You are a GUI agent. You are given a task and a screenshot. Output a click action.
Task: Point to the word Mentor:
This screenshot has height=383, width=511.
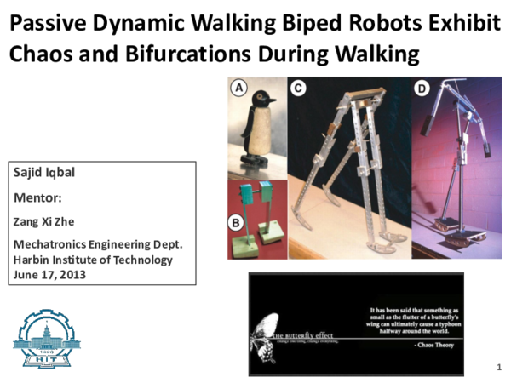coord(38,198)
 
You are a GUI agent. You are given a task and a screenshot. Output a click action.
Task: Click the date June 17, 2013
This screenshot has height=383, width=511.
coord(50,275)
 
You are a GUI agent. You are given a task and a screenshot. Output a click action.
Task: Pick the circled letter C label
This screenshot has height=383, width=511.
coord(298,86)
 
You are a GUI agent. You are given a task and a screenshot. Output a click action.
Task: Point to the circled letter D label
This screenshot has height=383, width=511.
coord(422,87)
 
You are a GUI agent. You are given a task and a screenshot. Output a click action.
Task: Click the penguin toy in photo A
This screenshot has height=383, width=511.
coord(257,128)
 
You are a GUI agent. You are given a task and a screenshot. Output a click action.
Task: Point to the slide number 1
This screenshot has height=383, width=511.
coord(497,367)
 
